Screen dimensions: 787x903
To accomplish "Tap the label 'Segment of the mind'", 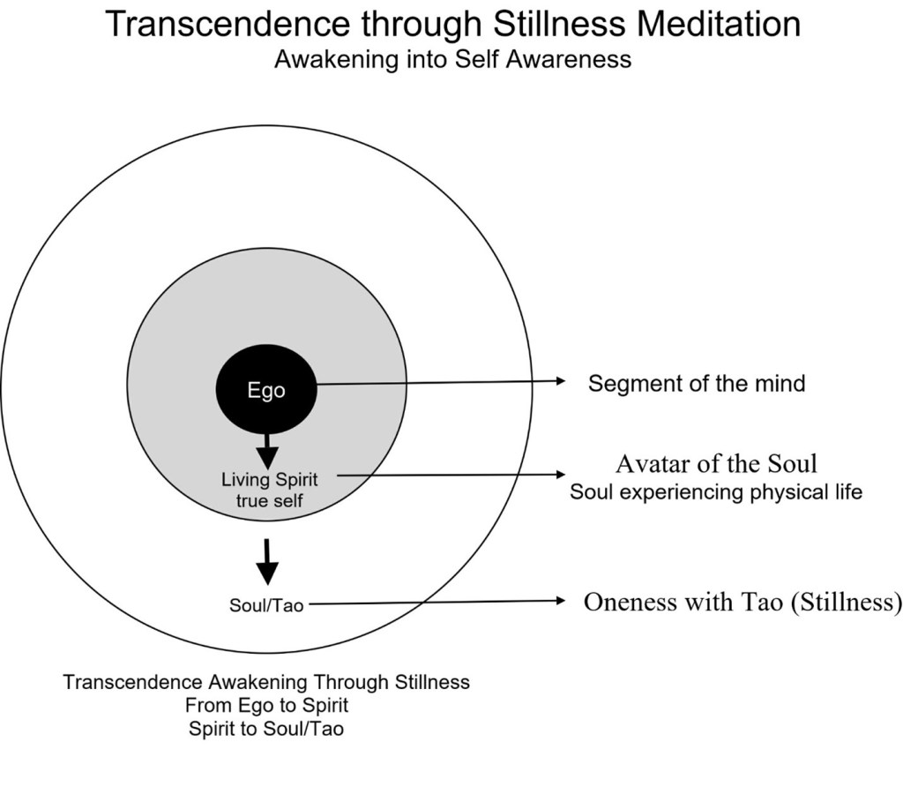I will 696,384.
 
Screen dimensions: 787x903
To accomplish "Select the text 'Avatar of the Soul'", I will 716,464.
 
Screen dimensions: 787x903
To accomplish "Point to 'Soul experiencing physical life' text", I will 715,492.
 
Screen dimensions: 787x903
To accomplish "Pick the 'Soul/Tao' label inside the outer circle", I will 266,606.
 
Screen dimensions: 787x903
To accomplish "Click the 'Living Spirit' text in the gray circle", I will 269,481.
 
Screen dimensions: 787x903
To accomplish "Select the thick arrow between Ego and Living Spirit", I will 266,451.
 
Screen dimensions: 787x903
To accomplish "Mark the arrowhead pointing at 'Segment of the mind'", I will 559,381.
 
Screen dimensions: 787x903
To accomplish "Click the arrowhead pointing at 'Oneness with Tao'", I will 559,602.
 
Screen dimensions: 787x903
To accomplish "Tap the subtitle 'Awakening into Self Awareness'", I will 452,60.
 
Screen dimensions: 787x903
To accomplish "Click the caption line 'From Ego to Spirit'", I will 266,706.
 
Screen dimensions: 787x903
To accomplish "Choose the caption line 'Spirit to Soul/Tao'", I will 266,729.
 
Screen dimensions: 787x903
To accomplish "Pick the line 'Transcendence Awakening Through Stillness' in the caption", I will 266,683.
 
